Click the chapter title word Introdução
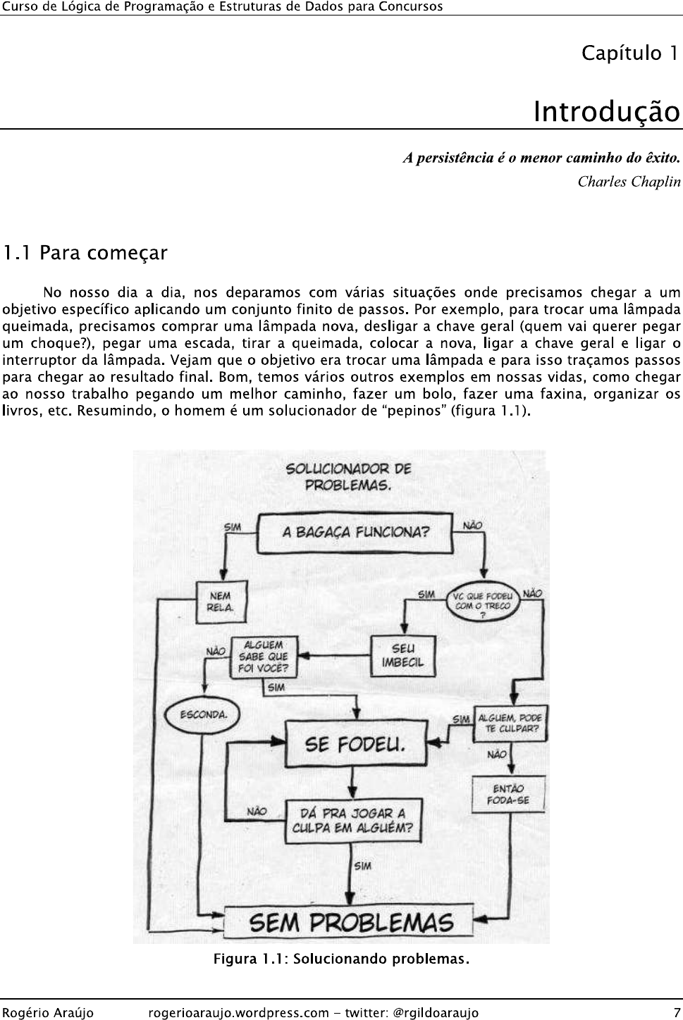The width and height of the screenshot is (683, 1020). pos(607,112)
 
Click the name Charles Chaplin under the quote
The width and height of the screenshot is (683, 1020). pos(629,182)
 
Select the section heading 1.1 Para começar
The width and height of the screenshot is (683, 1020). pos(85,253)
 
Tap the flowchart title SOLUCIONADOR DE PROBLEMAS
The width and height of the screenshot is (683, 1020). pos(348,477)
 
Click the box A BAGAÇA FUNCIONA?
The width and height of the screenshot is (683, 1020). pos(355,533)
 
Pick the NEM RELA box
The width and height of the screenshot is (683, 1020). pos(221,602)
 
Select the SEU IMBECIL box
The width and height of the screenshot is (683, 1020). pos(403,656)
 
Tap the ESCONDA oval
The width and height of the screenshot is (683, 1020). pos(202,715)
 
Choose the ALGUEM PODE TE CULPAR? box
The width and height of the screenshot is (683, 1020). pos(510,723)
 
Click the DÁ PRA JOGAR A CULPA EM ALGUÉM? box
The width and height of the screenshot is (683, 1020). pos(352,821)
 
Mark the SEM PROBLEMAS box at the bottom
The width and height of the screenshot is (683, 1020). pos(350,923)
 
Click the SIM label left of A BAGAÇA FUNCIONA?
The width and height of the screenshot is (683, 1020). pos(232,527)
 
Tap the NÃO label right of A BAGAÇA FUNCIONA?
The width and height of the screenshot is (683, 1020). pos(472,525)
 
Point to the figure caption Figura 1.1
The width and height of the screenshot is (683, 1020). pos(341,959)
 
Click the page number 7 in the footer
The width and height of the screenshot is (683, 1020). pos(677,1013)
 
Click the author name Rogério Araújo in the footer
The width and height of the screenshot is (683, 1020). pos(47,1013)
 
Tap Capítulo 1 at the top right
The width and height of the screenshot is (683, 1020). pos(629,54)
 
